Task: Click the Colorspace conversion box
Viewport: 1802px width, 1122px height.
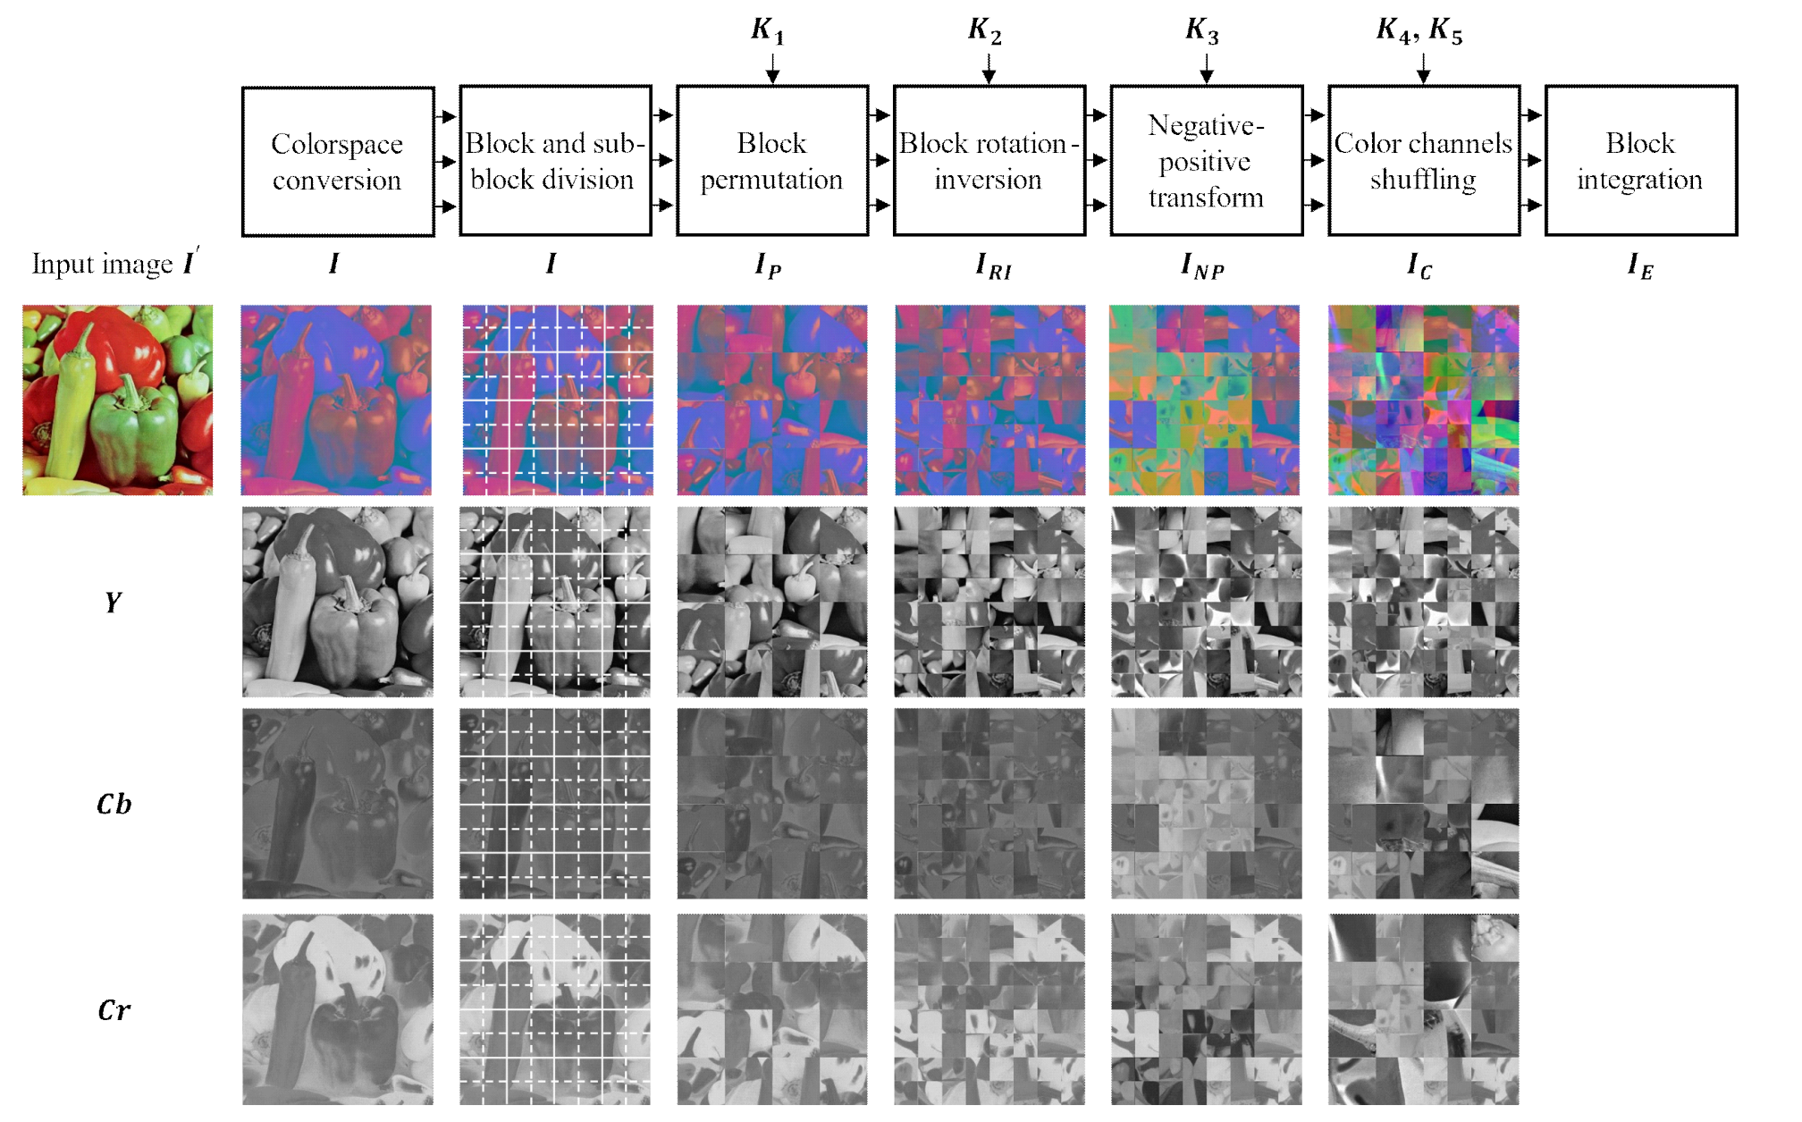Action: pos(338,162)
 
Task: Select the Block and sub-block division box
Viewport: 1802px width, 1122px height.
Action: pos(555,161)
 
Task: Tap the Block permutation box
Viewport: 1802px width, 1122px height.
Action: pos(772,161)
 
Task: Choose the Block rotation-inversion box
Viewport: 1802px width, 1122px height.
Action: pos(989,161)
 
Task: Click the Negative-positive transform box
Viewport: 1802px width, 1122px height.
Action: pos(1206,161)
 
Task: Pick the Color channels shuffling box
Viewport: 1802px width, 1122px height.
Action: pos(1423,161)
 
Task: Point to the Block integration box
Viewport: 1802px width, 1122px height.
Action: pos(1640,161)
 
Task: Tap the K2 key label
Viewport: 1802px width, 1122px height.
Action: pos(985,30)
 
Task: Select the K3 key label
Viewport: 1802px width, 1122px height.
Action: pos(1202,30)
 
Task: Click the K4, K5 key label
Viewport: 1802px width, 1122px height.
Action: pos(1419,30)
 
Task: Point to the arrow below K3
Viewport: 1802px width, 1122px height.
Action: pos(1206,69)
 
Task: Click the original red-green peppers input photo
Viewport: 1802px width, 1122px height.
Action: pos(118,400)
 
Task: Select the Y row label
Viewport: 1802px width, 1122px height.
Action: pos(113,603)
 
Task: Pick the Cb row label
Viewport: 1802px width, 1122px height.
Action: pos(114,805)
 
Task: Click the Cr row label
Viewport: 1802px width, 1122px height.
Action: pos(114,1010)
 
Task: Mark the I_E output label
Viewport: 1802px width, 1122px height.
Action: pos(1640,266)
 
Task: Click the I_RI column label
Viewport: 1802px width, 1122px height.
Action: pos(993,266)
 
